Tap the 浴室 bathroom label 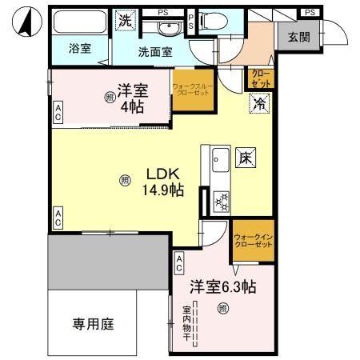[79, 48]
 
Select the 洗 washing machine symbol [125, 20]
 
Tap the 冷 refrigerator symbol [259, 103]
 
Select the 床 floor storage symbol [244, 158]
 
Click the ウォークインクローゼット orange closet [252, 242]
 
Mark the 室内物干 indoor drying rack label [186, 323]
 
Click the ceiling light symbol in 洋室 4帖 [109, 98]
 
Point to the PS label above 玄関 [310, 12]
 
